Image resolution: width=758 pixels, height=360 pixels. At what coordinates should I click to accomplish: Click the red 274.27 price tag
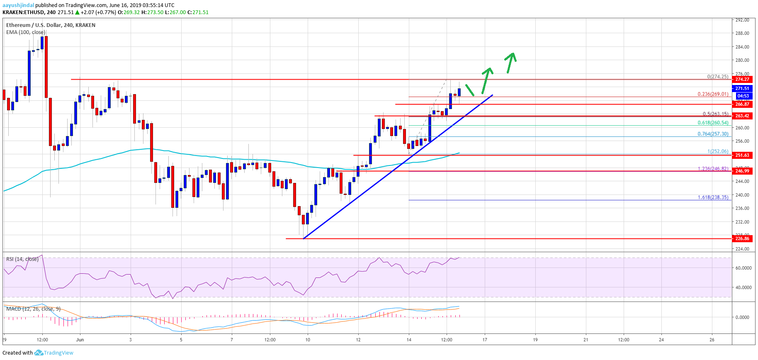point(742,79)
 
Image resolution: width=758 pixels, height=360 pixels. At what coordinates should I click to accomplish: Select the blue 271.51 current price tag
point(742,88)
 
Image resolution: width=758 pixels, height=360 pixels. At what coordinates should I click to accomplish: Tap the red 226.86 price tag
point(742,238)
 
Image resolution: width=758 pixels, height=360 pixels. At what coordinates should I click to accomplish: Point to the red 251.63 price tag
point(742,155)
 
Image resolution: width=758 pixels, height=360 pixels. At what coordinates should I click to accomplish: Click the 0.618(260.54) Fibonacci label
point(712,123)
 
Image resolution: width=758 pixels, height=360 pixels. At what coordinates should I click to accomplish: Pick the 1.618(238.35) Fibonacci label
point(712,197)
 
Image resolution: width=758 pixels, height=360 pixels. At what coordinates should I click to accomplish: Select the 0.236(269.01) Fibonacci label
point(712,94)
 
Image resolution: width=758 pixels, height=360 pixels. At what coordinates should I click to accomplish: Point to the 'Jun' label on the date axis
point(80,340)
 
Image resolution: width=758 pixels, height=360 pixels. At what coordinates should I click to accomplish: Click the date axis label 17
point(485,340)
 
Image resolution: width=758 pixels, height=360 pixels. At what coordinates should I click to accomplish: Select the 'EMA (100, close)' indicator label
point(26,32)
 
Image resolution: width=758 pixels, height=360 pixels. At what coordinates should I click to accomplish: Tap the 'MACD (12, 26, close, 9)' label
point(33,309)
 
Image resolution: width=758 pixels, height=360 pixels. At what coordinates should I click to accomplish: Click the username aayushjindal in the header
point(18,5)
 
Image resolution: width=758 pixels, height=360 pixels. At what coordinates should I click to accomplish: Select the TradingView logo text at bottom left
point(58,353)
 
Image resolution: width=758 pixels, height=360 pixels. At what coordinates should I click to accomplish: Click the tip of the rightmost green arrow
point(513,53)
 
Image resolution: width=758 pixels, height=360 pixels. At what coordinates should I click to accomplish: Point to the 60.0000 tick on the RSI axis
point(743,268)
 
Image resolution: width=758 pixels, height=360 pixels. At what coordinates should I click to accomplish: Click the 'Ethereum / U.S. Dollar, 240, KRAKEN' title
point(51,25)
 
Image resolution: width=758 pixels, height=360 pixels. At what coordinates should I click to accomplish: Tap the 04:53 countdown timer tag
point(743,96)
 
